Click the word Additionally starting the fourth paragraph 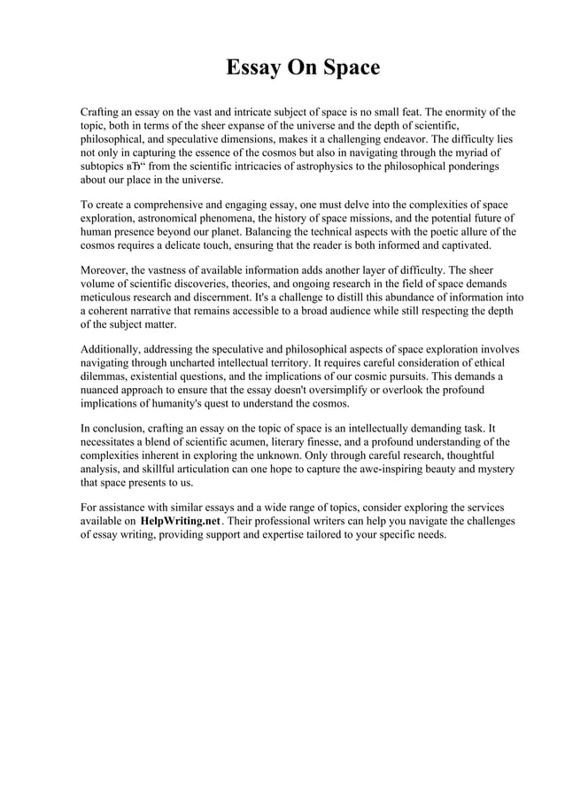click(x=112, y=348)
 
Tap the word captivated click(x=457, y=245)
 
